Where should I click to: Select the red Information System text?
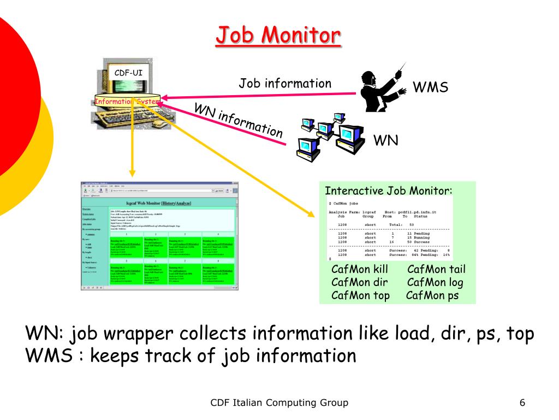(127, 101)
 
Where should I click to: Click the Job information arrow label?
(285, 84)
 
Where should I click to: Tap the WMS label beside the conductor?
(430, 87)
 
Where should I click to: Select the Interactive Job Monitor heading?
(389, 191)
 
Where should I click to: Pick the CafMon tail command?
(436, 269)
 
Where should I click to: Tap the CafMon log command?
(435, 282)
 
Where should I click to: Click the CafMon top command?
(360, 296)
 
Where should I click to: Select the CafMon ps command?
(432, 296)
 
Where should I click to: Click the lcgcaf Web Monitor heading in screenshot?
(158, 203)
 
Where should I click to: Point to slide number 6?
(522, 403)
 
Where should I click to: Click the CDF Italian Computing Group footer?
(279, 403)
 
